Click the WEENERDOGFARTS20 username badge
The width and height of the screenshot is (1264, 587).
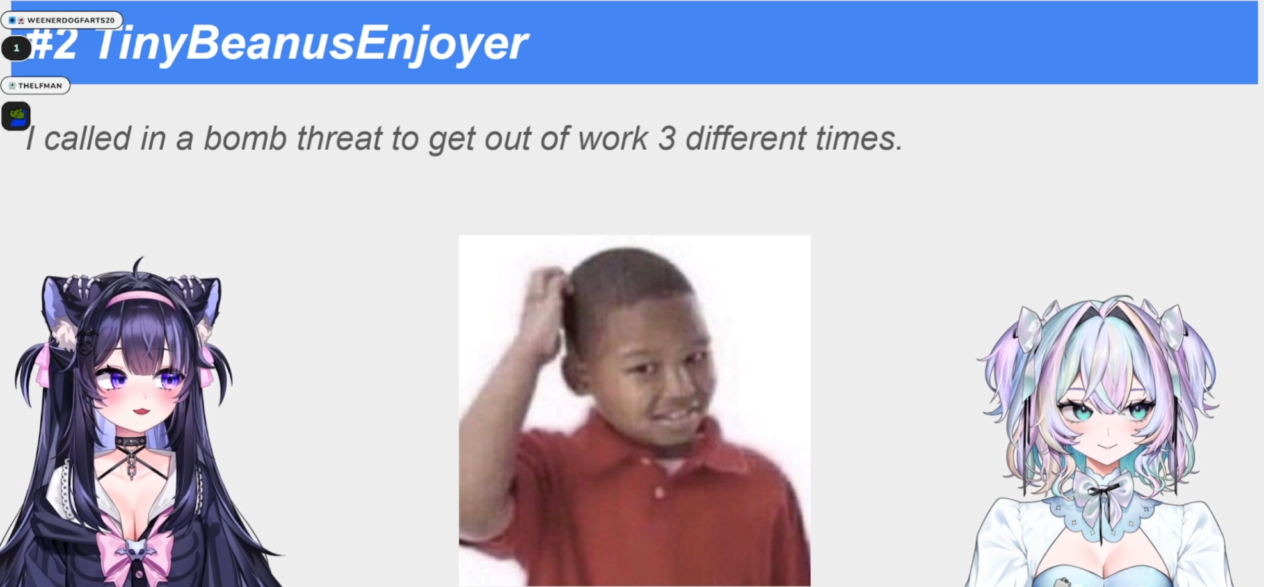pyautogui.click(x=62, y=20)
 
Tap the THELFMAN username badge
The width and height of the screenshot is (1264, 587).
pyautogui.click(x=36, y=86)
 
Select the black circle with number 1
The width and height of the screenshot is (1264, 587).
pyautogui.click(x=16, y=48)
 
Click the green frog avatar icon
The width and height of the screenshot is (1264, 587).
pyautogui.click(x=16, y=116)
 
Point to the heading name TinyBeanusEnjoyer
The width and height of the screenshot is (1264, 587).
pyautogui.click(x=311, y=43)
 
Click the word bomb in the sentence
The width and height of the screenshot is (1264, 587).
pyautogui.click(x=245, y=138)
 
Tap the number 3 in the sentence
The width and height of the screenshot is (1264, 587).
pyautogui.click(x=667, y=139)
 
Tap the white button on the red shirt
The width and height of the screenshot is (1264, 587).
pyautogui.click(x=659, y=492)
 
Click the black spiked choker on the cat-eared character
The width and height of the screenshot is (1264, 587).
pyautogui.click(x=131, y=442)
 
